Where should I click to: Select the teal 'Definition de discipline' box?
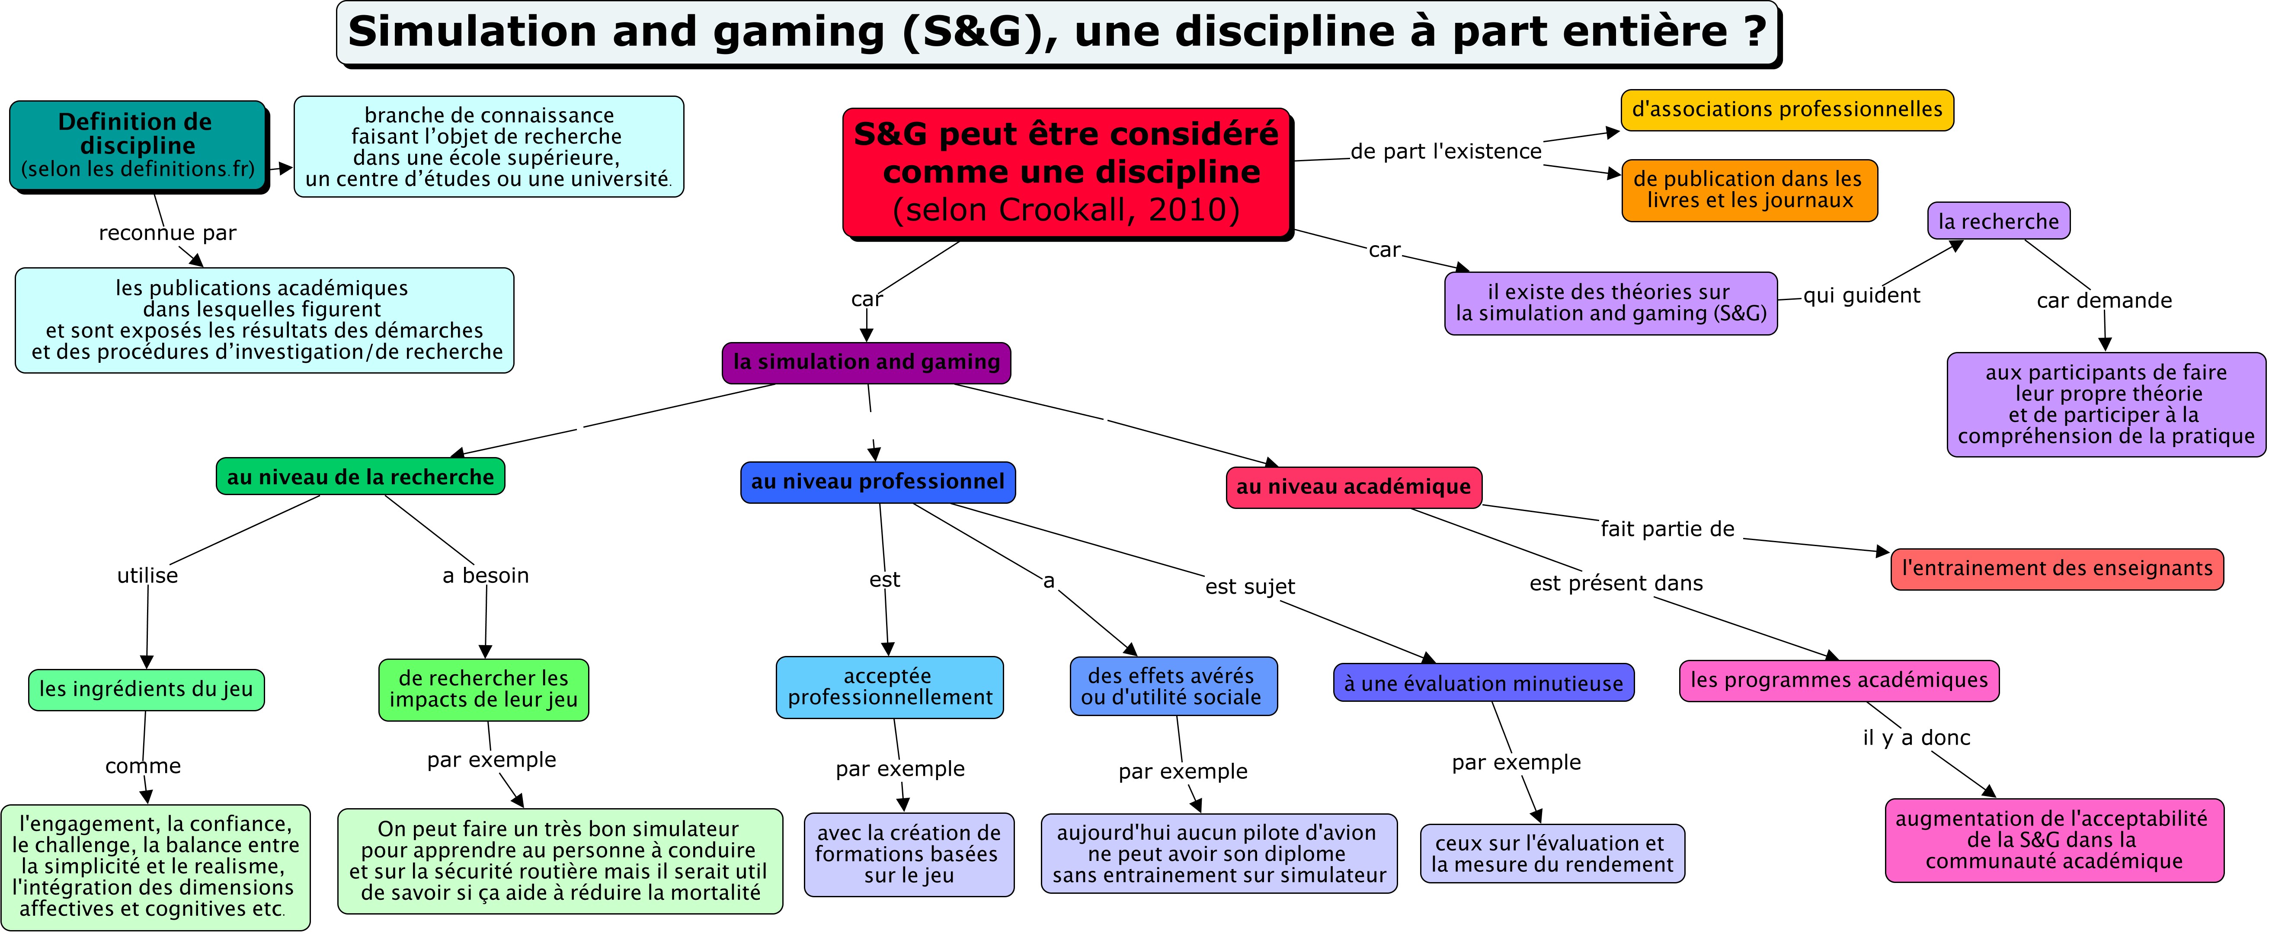pos(138,145)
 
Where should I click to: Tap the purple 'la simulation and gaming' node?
pos(866,362)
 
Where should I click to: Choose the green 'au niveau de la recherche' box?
pos(360,477)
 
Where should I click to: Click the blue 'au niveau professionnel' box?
pos(877,482)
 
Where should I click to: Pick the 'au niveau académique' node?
pos(1353,487)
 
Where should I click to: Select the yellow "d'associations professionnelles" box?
pos(1786,110)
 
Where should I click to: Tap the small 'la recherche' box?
pos(1998,221)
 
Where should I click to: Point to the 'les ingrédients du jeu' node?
pos(146,689)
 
